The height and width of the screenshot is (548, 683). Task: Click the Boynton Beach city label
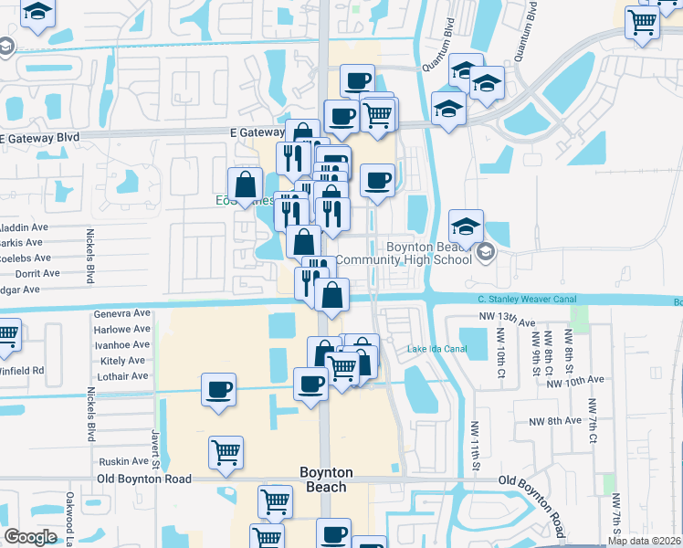tap(325, 479)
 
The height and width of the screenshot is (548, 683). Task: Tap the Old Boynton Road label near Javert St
tap(146, 479)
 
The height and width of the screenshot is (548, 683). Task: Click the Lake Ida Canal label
tap(436, 349)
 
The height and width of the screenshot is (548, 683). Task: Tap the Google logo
tap(30, 537)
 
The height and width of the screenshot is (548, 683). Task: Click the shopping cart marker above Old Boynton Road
tap(226, 450)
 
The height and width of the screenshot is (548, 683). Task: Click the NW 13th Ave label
tap(507, 319)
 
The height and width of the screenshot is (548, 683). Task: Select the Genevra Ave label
tap(121, 313)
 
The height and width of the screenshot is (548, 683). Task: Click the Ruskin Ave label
tap(122, 461)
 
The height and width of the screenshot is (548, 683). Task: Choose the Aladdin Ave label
tap(22, 227)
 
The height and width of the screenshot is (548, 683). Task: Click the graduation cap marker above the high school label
tap(466, 227)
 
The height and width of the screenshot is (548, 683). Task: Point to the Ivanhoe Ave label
tap(121, 344)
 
